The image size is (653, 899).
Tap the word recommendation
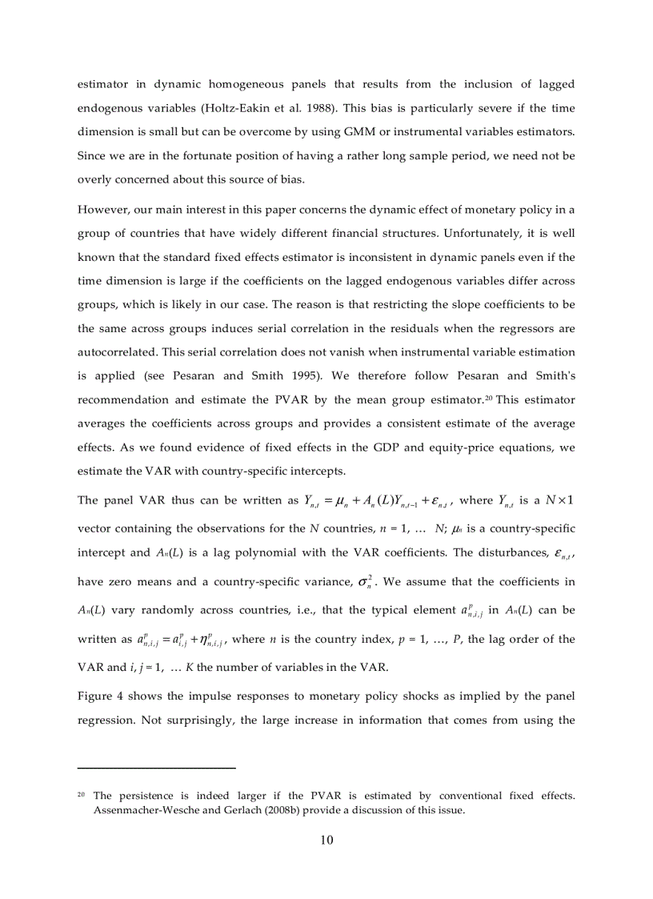(x=127, y=399)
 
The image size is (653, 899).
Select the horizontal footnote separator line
(x=156, y=769)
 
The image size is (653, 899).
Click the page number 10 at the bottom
(x=326, y=840)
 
